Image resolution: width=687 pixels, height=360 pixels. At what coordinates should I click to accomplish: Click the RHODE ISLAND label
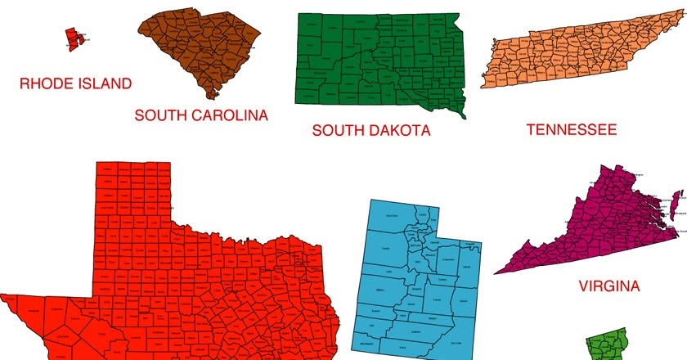tap(75, 83)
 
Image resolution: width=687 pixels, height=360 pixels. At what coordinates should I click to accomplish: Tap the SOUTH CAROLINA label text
tap(201, 115)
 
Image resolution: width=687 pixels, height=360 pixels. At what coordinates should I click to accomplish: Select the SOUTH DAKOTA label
tap(371, 130)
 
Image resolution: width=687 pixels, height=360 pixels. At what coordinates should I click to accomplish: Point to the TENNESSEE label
tap(571, 129)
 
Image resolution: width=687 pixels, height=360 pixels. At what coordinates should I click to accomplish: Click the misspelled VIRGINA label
tap(609, 286)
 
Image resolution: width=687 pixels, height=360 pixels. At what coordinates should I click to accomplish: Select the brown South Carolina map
tap(200, 49)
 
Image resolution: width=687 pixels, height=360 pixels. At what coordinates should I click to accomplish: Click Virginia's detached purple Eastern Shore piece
tap(676, 205)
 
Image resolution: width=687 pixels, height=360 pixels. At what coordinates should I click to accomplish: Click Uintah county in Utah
tap(467, 269)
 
